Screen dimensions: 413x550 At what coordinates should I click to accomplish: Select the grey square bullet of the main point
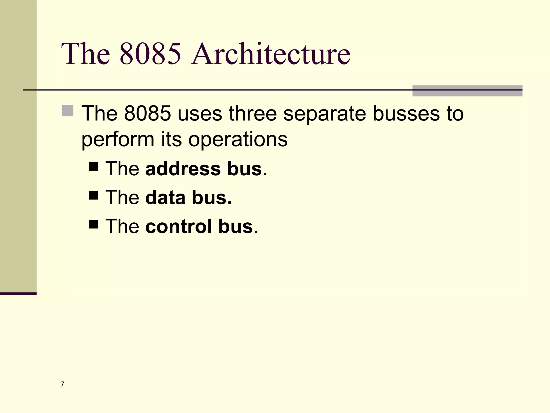(x=68, y=111)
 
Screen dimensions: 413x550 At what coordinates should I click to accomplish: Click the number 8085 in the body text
(x=147, y=113)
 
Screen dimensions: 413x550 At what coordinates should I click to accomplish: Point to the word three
(x=253, y=113)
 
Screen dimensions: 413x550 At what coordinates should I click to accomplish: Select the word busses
(x=406, y=113)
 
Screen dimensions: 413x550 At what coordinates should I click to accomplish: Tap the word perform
(x=118, y=140)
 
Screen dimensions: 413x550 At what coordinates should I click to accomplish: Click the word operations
(x=238, y=140)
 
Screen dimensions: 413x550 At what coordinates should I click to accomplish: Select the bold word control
(x=179, y=226)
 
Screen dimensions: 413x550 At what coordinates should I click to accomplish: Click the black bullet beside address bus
(x=93, y=166)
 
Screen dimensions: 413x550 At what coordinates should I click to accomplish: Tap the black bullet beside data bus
(x=93, y=195)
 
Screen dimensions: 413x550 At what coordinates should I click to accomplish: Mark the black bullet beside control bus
(x=93, y=224)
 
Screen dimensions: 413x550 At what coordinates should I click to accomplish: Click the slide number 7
(x=63, y=384)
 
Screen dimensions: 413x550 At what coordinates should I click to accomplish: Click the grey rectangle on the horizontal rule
(x=467, y=91)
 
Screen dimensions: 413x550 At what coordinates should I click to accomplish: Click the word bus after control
(x=236, y=226)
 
